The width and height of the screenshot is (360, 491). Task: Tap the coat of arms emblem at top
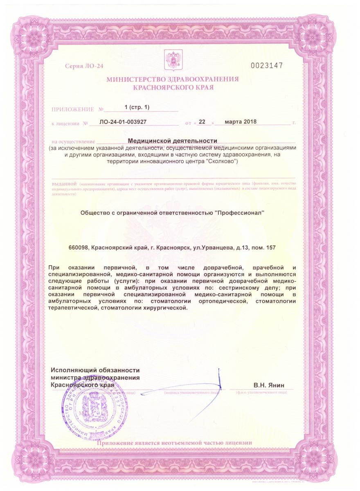coord(173,59)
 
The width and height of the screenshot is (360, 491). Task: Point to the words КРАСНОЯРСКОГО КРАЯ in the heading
coord(173,87)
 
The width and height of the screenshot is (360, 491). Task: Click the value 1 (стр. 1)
coord(137,107)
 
